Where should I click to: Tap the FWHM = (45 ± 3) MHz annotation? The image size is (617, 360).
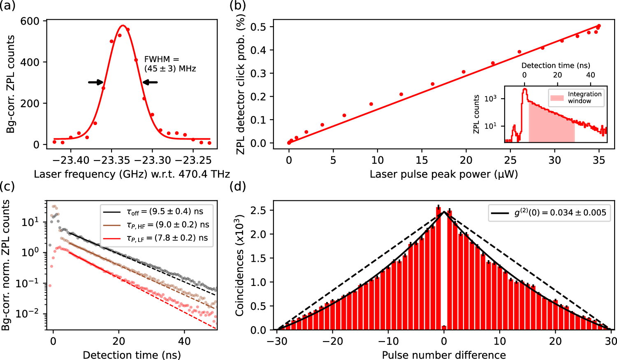pyautogui.click(x=170, y=64)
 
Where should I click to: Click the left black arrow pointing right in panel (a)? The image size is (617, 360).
pyautogui.click(x=95, y=82)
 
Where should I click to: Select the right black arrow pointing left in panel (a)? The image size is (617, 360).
pyautogui.click(x=150, y=82)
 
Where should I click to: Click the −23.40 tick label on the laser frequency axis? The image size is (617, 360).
pyautogui.click(x=71, y=160)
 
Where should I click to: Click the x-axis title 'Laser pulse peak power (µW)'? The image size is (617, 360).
pyautogui.click(x=443, y=174)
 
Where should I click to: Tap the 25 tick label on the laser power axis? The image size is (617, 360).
pyautogui.click(x=510, y=160)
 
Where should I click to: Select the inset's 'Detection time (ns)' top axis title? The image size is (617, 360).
pyautogui.click(x=556, y=65)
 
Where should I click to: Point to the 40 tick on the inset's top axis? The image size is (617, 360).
pyautogui.click(x=590, y=75)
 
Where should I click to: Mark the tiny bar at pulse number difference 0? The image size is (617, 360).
pyautogui.click(x=444, y=327)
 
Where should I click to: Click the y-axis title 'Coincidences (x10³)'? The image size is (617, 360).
pyautogui.click(x=240, y=265)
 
